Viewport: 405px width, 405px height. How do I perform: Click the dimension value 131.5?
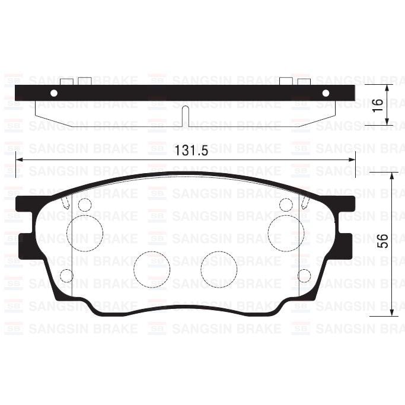coord(191,151)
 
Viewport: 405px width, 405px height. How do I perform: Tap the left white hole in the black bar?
coord(54,93)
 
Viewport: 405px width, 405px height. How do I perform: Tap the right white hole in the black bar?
coord(325,93)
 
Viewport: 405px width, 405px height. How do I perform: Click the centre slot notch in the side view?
coord(185,116)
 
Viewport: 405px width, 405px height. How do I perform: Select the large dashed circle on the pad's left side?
coord(85,232)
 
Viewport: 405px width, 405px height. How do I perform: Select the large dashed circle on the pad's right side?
coord(286,232)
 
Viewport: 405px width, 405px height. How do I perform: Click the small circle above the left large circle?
coord(85,205)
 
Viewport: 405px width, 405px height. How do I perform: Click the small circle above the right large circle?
coord(286,205)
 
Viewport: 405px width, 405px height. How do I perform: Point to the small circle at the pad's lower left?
coord(66,276)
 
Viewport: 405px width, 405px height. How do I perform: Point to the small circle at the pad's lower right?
coord(304,276)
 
